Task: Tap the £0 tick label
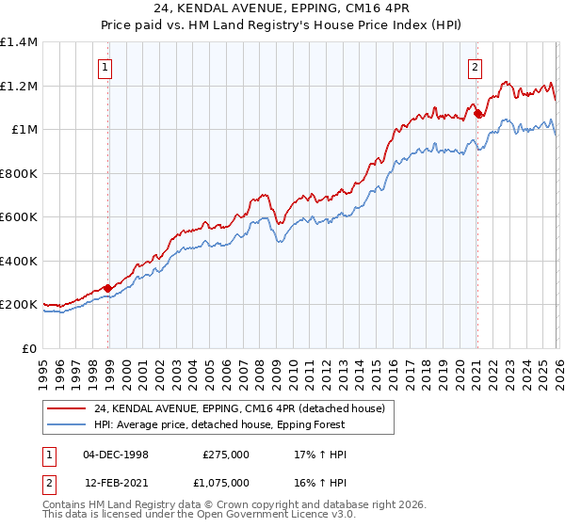28,348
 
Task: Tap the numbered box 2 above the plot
476,67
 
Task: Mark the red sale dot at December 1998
108,288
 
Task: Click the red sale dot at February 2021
477,114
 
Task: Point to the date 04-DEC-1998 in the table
116,455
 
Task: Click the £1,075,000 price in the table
225,482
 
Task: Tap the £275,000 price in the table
225,455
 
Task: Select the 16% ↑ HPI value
320,482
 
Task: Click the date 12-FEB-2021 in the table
116,482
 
